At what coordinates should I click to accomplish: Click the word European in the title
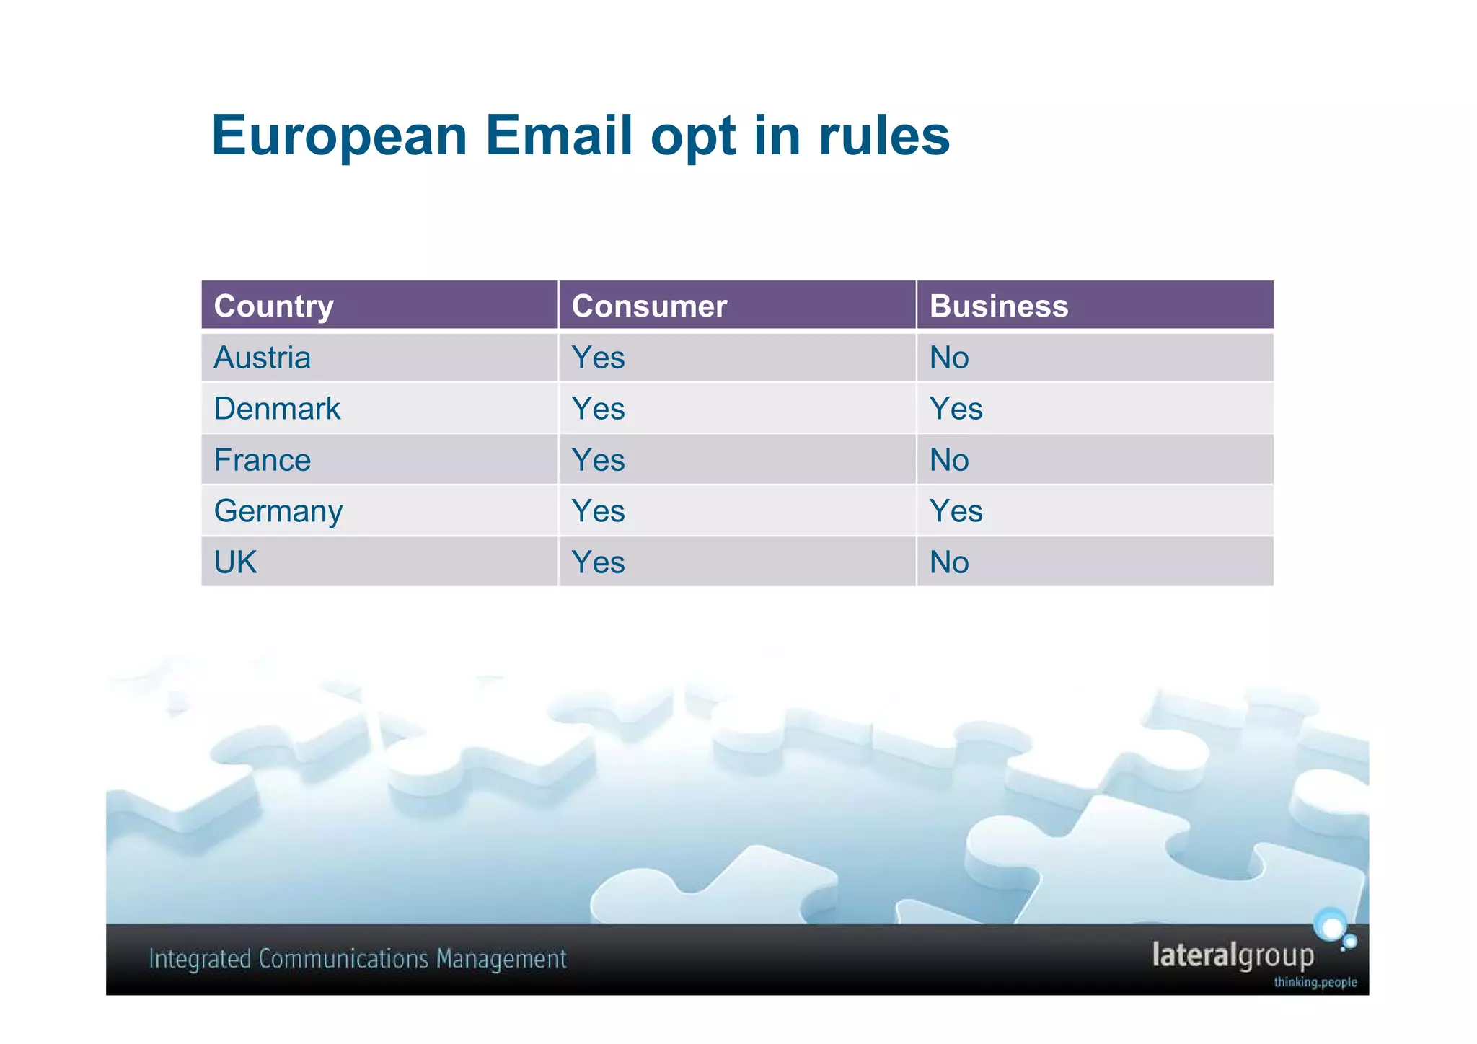(339, 136)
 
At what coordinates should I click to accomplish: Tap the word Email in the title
(559, 136)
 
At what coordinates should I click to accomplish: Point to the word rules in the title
(884, 136)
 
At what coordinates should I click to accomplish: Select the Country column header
(274, 306)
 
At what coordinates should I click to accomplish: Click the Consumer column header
(649, 306)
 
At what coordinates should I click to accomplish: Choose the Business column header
(999, 306)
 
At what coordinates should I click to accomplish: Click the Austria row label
(263, 358)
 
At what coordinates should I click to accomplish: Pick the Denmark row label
(277, 409)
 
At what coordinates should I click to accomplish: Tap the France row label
(263, 460)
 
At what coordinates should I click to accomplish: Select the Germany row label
(278, 511)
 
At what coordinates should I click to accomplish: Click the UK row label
(235, 562)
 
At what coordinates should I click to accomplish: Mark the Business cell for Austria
(949, 358)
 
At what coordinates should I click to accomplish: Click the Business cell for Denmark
(956, 409)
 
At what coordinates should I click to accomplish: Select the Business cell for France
(949, 460)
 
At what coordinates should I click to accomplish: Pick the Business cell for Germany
(956, 511)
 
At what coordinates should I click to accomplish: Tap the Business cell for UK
(949, 562)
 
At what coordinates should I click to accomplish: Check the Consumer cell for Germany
(598, 511)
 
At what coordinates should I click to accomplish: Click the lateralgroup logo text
(1233, 956)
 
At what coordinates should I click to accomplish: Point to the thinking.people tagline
(1315, 982)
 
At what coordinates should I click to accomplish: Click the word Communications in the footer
(343, 960)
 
